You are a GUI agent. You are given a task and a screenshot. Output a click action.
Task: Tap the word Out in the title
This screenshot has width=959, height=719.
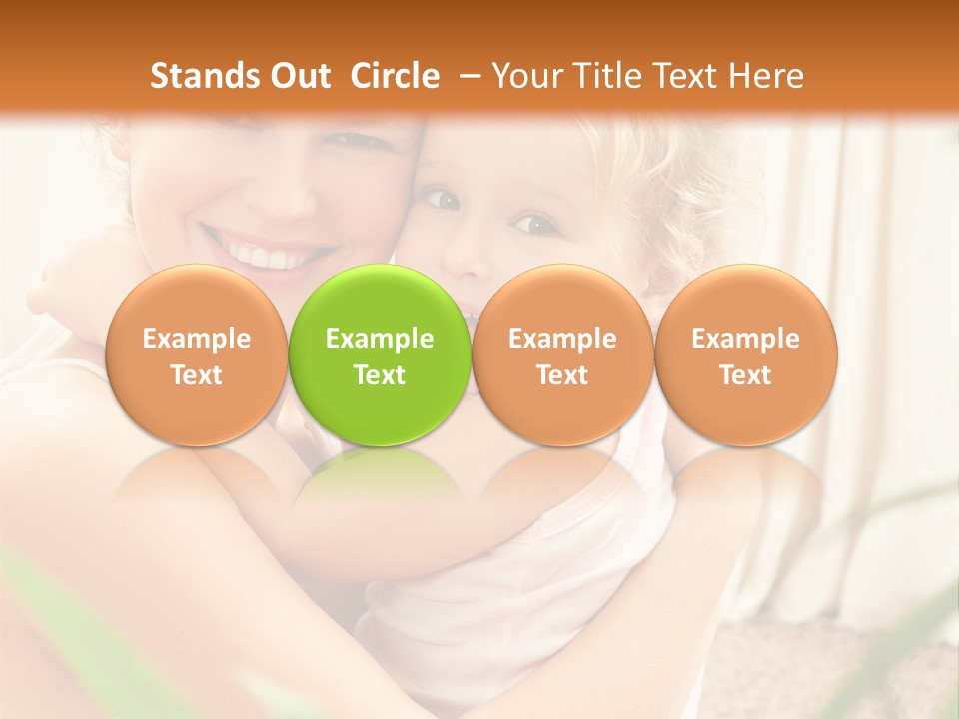pos(300,76)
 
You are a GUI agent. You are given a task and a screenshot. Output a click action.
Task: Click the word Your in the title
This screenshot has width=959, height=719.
pos(524,76)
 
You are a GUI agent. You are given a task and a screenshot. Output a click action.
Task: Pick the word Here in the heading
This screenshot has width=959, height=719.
pos(765,76)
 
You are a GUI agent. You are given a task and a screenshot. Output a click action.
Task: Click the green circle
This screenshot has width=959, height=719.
pos(380,356)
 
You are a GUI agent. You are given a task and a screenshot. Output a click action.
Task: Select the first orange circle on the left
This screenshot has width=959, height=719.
pos(196,356)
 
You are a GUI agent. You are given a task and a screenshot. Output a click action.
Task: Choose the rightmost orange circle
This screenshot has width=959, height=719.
pos(746,356)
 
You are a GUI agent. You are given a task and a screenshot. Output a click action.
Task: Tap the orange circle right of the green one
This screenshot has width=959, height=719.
pos(562,356)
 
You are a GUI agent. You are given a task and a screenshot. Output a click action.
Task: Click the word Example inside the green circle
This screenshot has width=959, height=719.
pos(380,339)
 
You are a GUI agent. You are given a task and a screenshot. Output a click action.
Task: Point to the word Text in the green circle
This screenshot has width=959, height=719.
pos(380,375)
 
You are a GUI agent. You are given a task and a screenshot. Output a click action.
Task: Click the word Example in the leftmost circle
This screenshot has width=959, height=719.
pos(196,339)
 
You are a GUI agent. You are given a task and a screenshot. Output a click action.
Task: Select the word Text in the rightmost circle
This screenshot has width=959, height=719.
pos(746,375)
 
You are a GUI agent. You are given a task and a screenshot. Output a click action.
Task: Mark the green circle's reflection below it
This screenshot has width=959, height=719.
pos(380,479)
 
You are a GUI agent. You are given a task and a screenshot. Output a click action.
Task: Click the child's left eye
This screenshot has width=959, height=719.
pos(537,223)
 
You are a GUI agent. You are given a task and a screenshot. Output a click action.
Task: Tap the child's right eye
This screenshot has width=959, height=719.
pos(443,199)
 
